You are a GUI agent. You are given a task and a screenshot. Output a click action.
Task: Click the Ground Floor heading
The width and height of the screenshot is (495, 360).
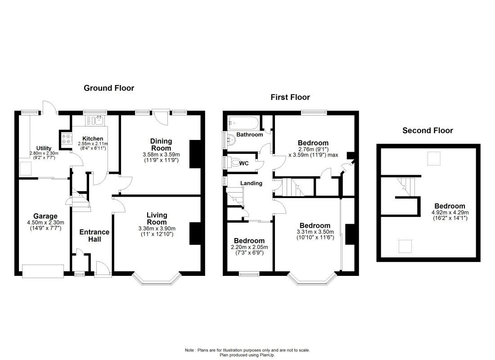109,88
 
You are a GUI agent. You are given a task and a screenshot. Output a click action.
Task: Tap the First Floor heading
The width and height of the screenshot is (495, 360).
290,97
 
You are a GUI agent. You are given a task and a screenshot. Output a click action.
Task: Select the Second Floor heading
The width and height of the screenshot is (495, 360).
427,130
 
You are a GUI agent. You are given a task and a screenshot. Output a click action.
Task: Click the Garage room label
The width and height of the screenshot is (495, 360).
45,216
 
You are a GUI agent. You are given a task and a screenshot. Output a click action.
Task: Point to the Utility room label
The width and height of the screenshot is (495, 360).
44,148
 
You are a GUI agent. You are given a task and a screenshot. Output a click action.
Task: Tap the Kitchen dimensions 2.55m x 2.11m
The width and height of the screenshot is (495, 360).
93,144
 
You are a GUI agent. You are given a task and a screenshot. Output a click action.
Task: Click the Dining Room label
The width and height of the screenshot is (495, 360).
161,144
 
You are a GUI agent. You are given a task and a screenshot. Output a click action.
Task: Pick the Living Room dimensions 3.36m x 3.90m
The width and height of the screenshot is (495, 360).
157,229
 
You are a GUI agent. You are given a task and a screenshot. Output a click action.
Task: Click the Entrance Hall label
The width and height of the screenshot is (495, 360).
94,236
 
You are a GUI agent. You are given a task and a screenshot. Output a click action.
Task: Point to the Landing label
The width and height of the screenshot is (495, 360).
251,183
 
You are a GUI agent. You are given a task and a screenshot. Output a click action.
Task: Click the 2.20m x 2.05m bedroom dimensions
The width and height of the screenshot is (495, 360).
249,247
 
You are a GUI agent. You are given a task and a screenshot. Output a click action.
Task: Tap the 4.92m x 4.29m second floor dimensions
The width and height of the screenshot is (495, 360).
450,212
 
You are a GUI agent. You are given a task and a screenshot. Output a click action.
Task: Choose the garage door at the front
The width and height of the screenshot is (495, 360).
43,271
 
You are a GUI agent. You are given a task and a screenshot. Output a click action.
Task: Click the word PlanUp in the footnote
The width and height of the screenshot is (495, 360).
267,355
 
